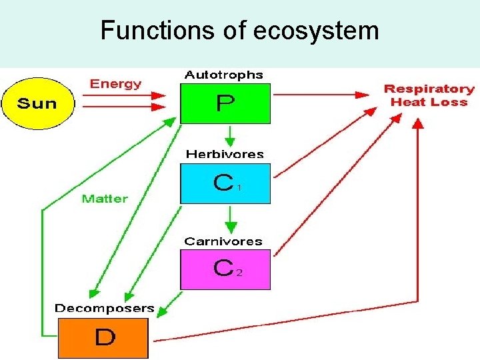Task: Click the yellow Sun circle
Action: pyautogui.click(x=38, y=103)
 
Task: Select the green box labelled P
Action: pyautogui.click(x=225, y=103)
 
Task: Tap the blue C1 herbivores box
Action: pyautogui.click(x=225, y=183)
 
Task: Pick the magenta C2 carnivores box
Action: pyautogui.click(x=225, y=269)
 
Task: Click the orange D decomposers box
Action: pyautogui.click(x=103, y=338)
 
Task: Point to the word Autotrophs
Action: pyautogui.click(x=223, y=75)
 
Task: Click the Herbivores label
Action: pyautogui.click(x=225, y=154)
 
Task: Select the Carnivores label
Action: pyautogui.click(x=223, y=241)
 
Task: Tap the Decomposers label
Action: pyautogui.click(x=104, y=309)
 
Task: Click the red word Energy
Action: pyautogui.click(x=115, y=84)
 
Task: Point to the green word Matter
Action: pyautogui.click(x=105, y=198)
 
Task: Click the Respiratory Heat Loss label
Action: pyautogui.click(x=429, y=95)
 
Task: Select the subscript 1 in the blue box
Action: pyautogui.click(x=239, y=189)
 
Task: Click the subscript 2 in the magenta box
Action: pyautogui.click(x=239, y=273)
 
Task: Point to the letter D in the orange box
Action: pyautogui.click(x=105, y=338)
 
